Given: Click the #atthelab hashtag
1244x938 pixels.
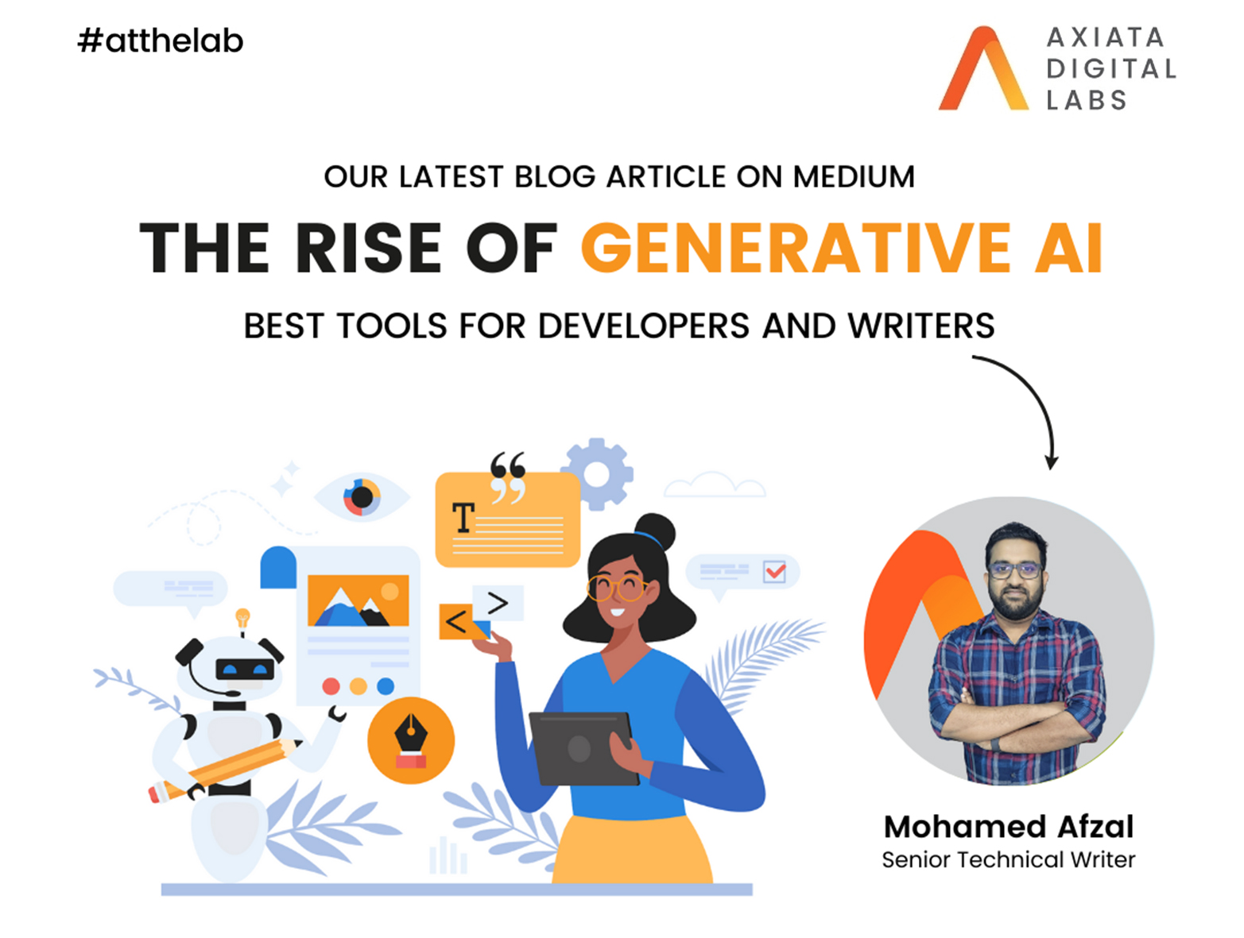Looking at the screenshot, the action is click(x=161, y=41).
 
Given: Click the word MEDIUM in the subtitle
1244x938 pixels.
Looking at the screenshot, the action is click(x=854, y=176).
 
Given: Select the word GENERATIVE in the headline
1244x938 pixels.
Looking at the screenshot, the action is click(x=795, y=247).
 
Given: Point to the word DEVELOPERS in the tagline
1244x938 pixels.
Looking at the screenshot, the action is click(x=644, y=326).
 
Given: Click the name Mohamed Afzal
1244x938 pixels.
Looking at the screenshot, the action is click(x=1008, y=827).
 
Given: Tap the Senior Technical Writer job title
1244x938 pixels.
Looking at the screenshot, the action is click(x=1008, y=860).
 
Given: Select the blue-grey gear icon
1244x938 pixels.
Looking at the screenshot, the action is click(x=597, y=474).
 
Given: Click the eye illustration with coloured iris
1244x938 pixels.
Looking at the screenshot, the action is click(x=362, y=497).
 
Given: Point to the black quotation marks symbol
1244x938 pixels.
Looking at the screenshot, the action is click(x=508, y=477).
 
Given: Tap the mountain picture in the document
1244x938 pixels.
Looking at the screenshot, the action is click(x=358, y=600).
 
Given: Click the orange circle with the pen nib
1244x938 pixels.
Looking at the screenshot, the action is click(x=411, y=740).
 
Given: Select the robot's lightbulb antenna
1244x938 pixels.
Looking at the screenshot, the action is click(x=242, y=618).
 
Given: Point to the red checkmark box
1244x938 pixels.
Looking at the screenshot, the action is click(x=774, y=571).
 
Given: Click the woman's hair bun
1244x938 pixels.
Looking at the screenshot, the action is click(x=654, y=532).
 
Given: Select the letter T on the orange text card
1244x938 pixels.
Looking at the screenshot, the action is click(x=463, y=517).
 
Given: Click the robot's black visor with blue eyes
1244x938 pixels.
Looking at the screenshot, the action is click(x=245, y=670).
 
